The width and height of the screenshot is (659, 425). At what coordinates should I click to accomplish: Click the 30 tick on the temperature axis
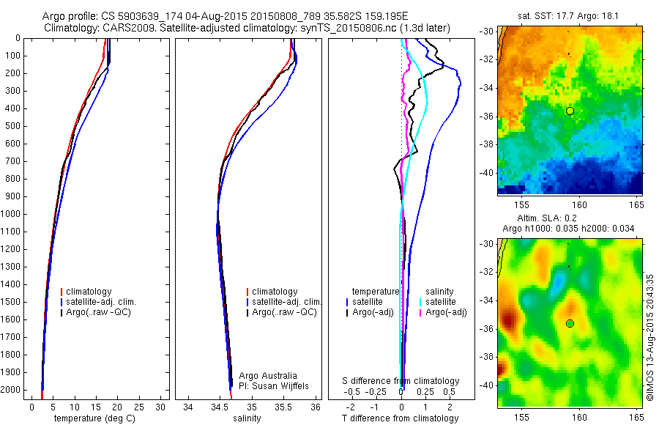[x=162, y=407]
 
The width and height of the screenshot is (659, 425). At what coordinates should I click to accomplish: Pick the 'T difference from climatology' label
[x=400, y=418]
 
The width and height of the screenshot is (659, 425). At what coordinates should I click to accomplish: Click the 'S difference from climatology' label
[x=401, y=381]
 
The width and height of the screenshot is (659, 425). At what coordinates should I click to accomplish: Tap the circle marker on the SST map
[x=570, y=111]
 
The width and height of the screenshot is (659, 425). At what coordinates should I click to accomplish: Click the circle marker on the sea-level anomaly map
[x=570, y=323]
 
